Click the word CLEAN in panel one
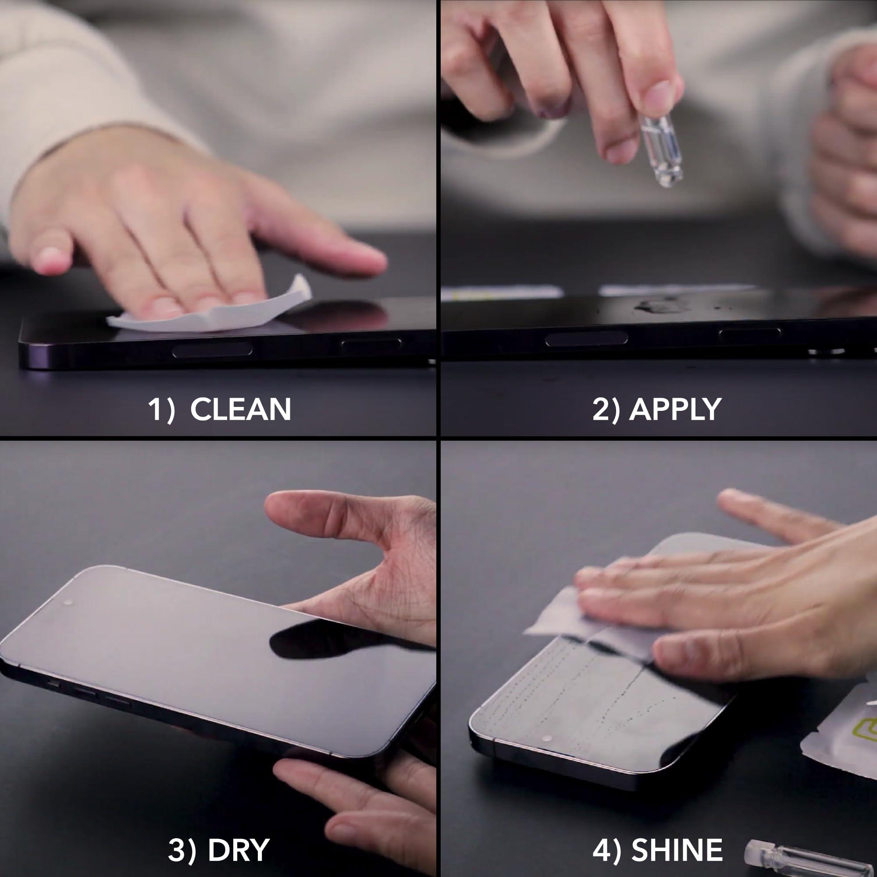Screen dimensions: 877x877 [240, 410]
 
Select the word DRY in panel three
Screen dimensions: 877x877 [238, 850]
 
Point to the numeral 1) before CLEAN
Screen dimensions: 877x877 [161, 410]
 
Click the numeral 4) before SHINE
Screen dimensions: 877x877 [606, 850]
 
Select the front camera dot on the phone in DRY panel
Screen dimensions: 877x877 [68, 602]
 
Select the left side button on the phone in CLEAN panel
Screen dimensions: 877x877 [212, 350]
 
